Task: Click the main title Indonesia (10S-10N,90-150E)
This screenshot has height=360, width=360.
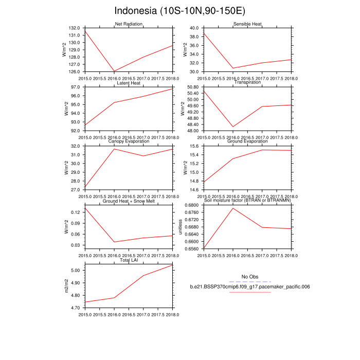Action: point(179,11)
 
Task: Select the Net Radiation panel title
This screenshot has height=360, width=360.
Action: point(129,24)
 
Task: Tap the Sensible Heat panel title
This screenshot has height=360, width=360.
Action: point(247,24)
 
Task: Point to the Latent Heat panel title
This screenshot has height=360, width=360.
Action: point(129,83)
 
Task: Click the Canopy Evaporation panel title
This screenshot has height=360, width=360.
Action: point(129,142)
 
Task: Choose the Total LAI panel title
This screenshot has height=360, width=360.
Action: point(129,261)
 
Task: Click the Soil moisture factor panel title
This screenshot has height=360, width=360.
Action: point(247,201)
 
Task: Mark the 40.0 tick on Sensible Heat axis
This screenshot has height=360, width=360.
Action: point(193,28)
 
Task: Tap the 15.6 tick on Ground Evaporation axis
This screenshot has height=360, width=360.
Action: point(193,147)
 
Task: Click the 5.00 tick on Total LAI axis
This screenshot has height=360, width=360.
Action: point(77,271)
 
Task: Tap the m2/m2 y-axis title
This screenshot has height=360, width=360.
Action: point(66,286)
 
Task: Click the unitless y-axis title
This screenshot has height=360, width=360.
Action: point(180,227)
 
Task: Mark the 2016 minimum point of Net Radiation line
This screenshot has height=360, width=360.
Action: point(114,71)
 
